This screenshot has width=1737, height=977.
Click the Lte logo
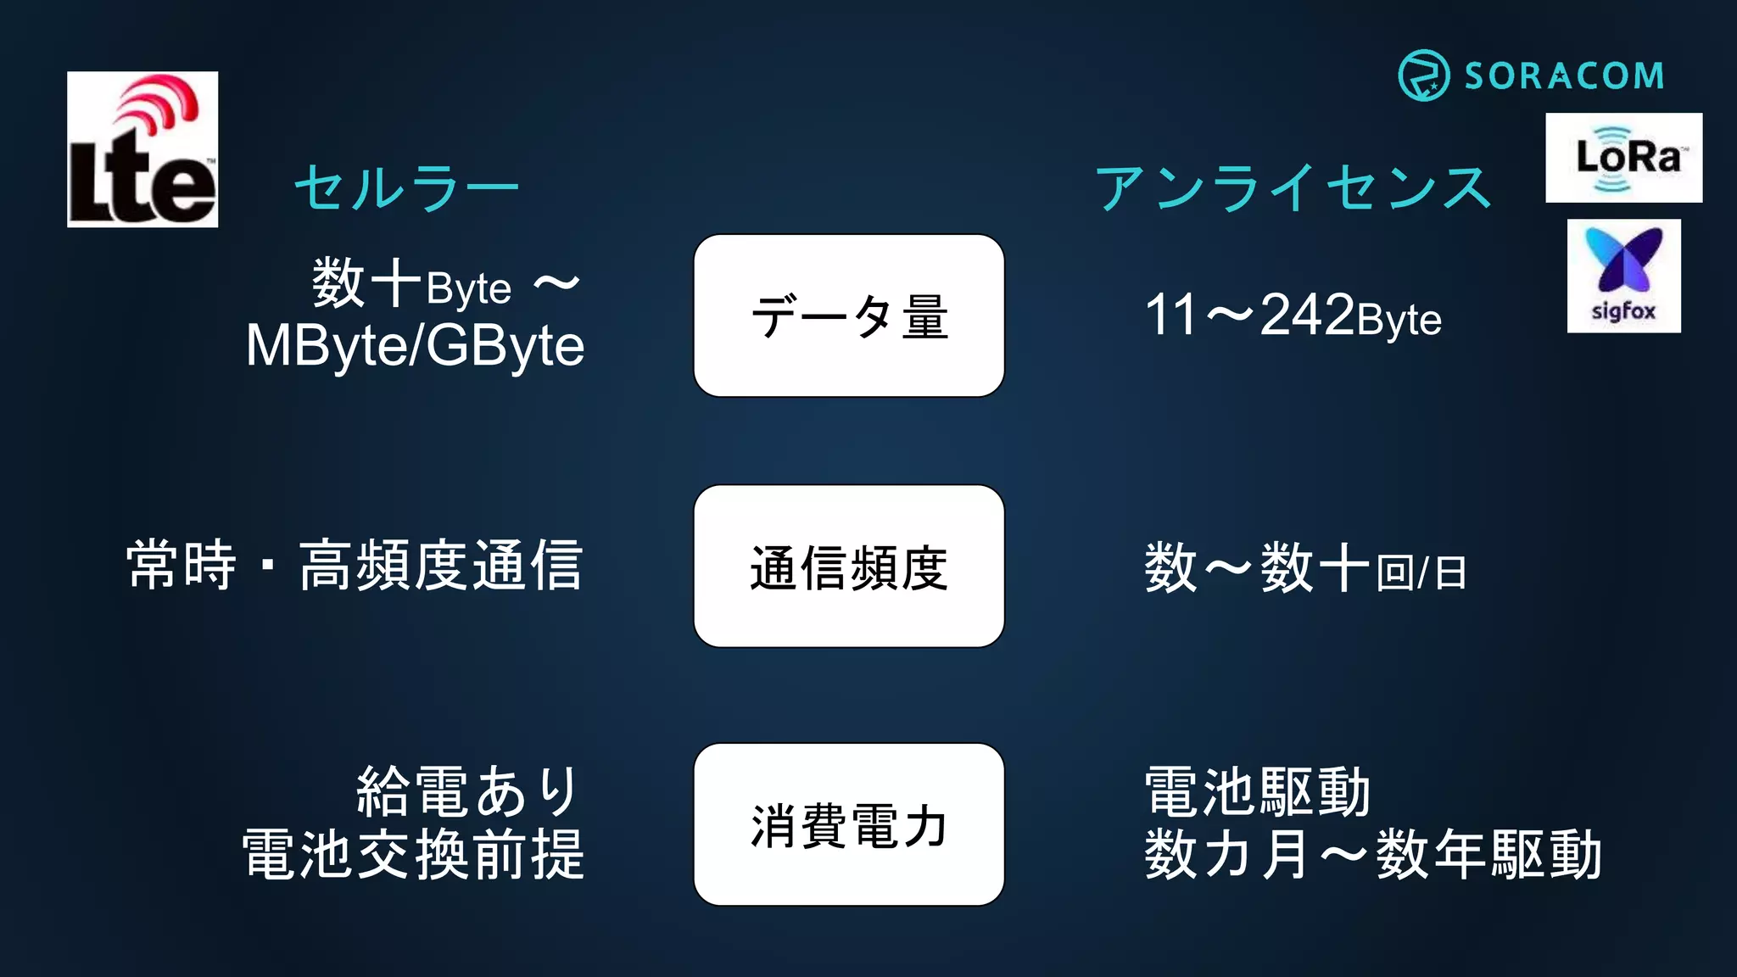point(142,149)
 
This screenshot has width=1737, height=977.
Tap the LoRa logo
point(1623,158)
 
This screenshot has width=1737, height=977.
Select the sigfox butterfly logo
point(1623,276)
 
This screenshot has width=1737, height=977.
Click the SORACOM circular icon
point(1423,75)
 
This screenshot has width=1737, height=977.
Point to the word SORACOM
point(1564,76)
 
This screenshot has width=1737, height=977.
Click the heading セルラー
point(406,187)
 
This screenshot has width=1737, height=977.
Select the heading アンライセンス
point(1293,187)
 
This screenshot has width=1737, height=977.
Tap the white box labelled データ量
point(849,315)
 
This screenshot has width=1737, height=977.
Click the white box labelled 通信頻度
point(849,567)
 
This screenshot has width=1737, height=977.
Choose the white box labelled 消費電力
point(849,824)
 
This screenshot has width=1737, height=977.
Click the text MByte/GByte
point(415,346)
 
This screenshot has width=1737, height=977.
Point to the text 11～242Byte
point(1293,315)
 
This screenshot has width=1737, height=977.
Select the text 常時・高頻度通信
point(355,566)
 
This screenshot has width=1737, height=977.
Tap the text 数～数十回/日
point(1304,569)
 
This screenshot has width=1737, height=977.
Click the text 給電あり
point(468,791)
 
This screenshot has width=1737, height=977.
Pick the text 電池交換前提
point(413,854)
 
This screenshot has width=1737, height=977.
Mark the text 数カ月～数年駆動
point(1372,854)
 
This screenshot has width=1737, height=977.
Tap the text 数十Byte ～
point(446,285)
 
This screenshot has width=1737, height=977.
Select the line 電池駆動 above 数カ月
point(1257,791)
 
